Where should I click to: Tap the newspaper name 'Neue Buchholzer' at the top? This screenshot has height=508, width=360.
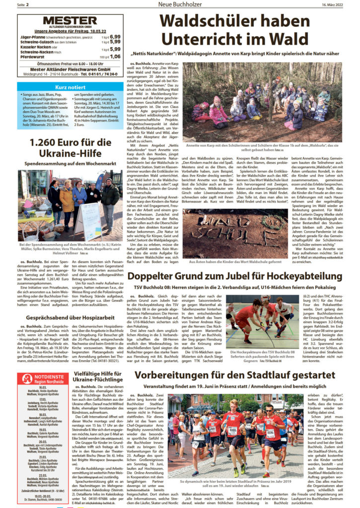tap(179, 4)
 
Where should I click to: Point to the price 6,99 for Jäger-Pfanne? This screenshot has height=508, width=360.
tap(115, 37)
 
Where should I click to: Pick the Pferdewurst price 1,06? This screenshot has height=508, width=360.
tap(115, 57)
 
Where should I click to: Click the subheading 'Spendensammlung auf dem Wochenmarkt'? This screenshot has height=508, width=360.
tap(69, 163)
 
